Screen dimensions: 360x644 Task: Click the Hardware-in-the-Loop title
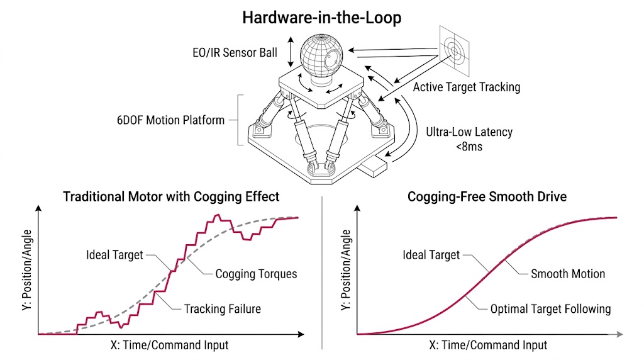click(321, 18)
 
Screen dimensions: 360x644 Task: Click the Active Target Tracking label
click(466, 87)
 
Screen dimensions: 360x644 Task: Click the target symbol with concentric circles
click(455, 47)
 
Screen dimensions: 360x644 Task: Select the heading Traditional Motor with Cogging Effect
click(171, 196)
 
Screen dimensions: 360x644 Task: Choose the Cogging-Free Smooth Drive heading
click(487, 196)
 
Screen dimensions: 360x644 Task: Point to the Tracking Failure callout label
click(222, 308)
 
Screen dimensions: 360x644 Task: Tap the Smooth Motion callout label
click(568, 274)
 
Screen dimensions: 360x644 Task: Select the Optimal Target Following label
click(550, 308)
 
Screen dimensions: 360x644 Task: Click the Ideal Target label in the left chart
click(114, 255)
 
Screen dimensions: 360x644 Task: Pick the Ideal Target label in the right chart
click(431, 255)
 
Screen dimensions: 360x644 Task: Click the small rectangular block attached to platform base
click(376, 169)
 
